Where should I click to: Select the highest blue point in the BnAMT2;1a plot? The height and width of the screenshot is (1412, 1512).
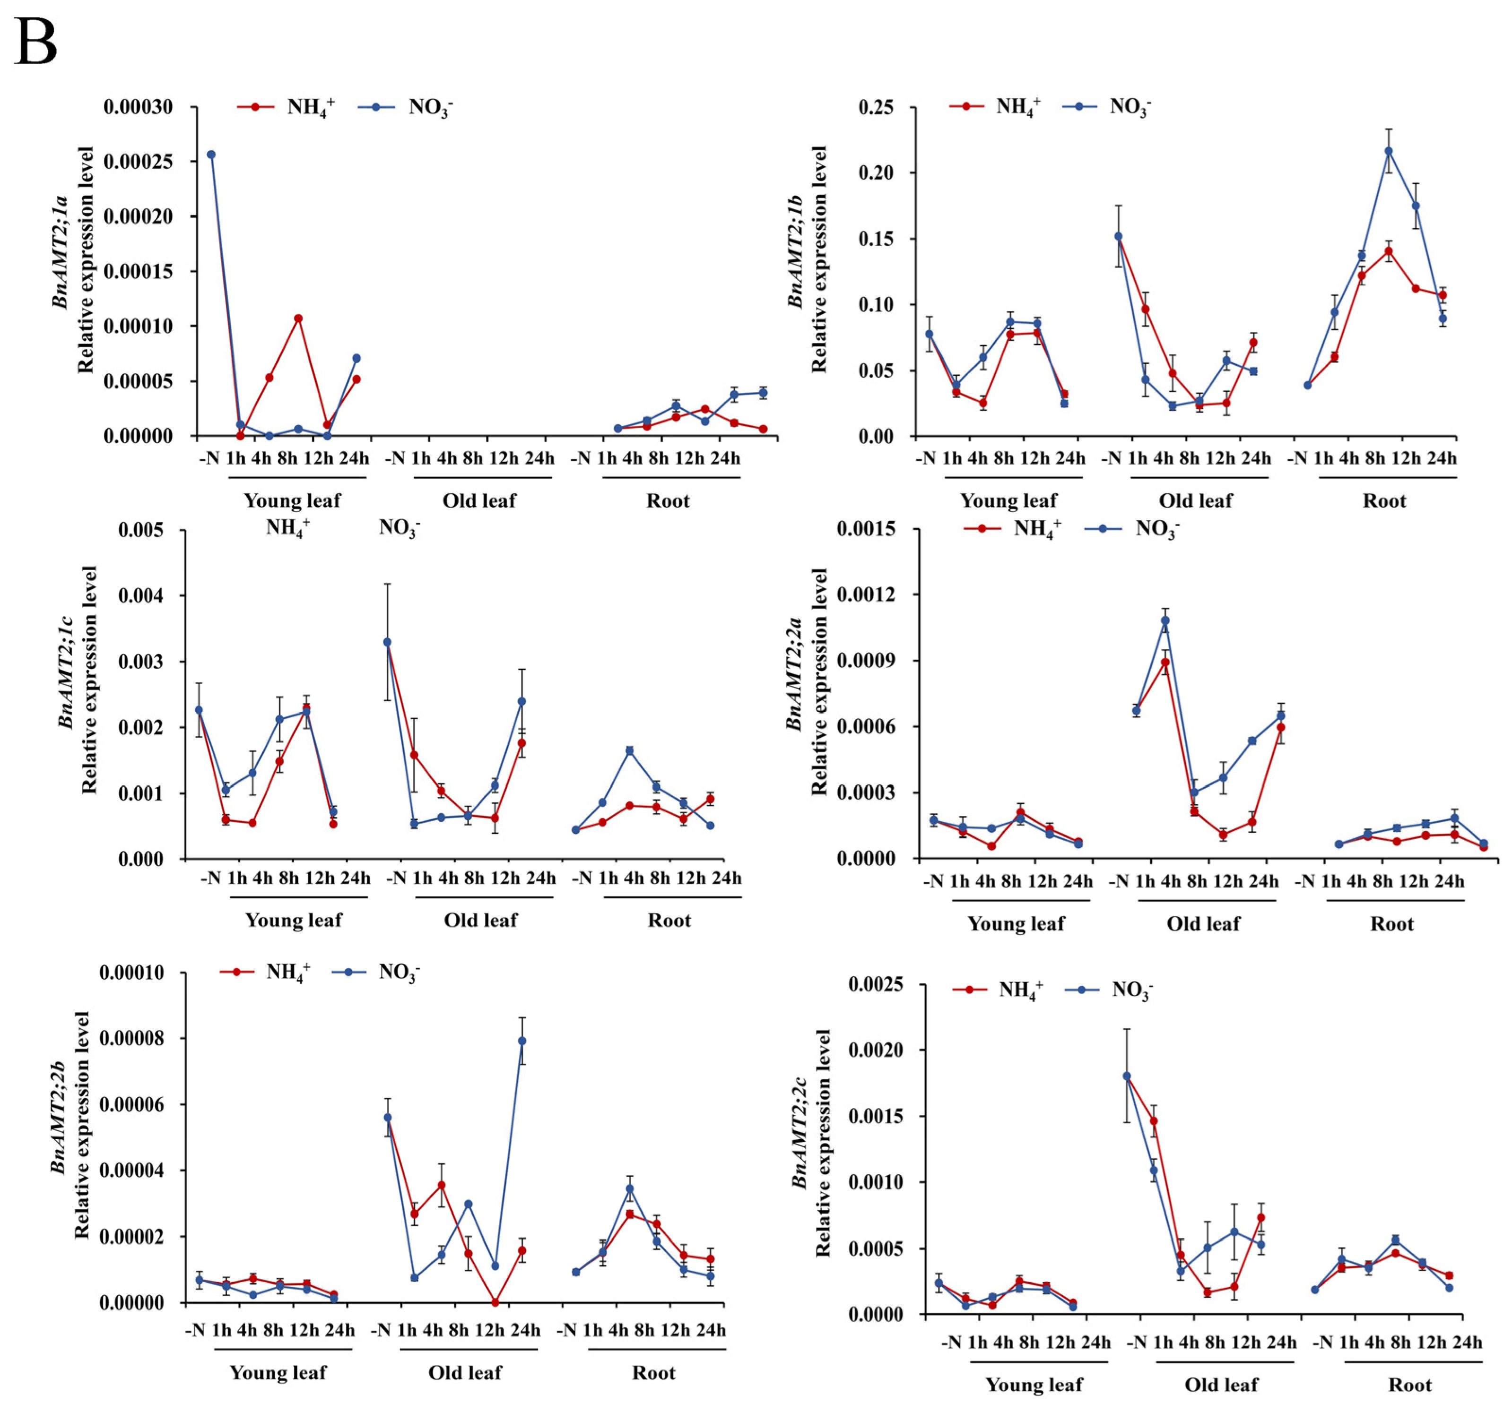pyautogui.click(x=211, y=155)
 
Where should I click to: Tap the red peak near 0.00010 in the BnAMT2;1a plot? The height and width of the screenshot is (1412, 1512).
pyautogui.click(x=298, y=319)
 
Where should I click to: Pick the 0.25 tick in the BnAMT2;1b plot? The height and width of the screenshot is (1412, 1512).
pyautogui.click(x=876, y=107)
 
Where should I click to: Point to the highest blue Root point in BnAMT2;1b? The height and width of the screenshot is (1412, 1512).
pyautogui.click(x=1388, y=151)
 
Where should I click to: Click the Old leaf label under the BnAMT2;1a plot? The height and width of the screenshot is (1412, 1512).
pyautogui.click(x=479, y=500)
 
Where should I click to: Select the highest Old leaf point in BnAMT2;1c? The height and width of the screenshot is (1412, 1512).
pyautogui.click(x=387, y=642)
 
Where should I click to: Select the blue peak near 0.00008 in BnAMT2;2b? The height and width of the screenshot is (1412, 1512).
pyautogui.click(x=522, y=1041)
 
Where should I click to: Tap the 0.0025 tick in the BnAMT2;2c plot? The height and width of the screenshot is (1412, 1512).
pyautogui.click(x=875, y=985)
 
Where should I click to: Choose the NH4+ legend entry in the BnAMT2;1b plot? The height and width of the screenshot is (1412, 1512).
pyautogui.click(x=996, y=106)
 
